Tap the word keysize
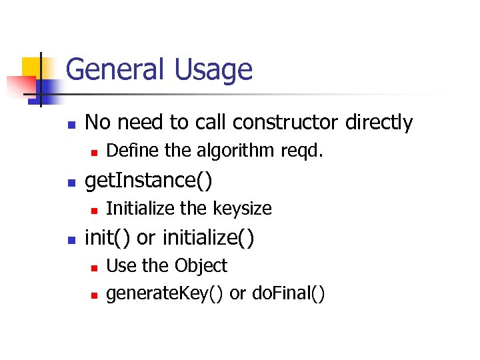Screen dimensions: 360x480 [243, 209]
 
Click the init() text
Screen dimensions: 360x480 [108, 237]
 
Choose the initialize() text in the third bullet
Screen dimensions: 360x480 [209, 237]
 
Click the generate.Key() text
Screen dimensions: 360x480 [165, 293]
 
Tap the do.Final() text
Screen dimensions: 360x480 [289, 293]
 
